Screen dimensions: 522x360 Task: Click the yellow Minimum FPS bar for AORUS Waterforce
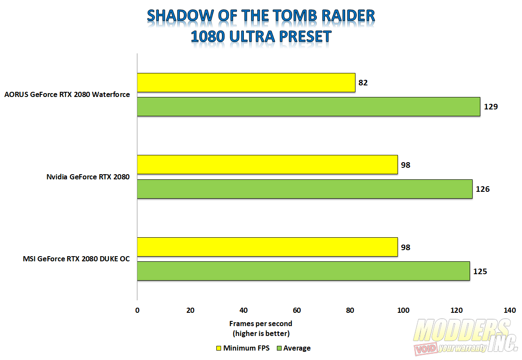246,83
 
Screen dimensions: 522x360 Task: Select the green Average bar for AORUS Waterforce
309,107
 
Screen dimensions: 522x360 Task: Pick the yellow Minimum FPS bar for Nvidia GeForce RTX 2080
267,165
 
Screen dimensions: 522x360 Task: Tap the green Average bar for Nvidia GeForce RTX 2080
305,189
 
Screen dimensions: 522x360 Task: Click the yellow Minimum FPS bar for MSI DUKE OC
267,247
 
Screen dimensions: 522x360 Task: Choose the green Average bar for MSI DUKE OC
303,271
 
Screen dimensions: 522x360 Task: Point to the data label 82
363,83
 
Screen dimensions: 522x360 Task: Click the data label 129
491,107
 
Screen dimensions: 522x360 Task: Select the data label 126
483,189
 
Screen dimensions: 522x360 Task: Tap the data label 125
480,272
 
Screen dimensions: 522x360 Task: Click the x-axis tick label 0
137,310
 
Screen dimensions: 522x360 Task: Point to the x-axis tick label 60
297,310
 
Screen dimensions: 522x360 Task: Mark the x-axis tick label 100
403,310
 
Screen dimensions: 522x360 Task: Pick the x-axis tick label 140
510,310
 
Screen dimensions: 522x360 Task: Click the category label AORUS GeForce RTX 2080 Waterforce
67,94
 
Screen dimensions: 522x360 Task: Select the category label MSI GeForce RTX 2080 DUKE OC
76,259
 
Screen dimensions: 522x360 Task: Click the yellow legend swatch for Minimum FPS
219,348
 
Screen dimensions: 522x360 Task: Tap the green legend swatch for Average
279,348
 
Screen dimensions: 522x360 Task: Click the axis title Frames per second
261,324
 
